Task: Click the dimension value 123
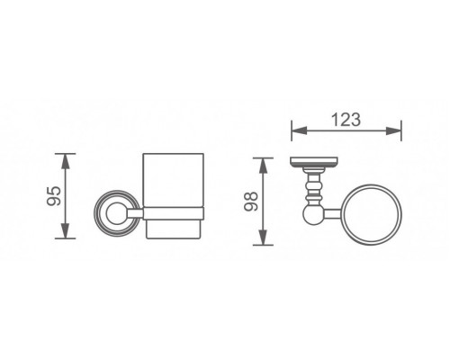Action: (346, 120)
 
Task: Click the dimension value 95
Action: (54, 196)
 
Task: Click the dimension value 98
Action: (251, 202)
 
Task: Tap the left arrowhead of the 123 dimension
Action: (299, 130)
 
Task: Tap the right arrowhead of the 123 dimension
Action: (393, 130)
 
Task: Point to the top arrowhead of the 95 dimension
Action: (66, 161)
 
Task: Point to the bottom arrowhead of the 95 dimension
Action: (66, 230)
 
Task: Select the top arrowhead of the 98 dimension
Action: (263, 166)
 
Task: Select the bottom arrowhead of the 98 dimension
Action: (263, 238)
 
